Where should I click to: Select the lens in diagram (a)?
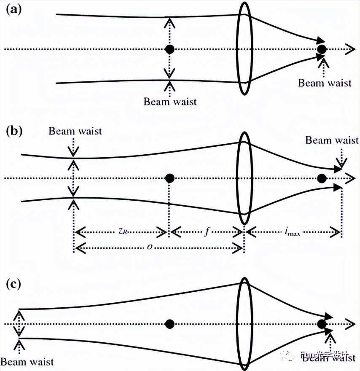pyautogui.click(x=244, y=49)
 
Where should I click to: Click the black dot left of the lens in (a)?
pyautogui.click(x=169, y=49)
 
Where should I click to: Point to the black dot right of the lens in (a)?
pyautogui.click(x=322, y=49)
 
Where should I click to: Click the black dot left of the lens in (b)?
pyautogui.click(x=169, y=178)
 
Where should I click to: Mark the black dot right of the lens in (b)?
pyautogui.click(x=322, y=178)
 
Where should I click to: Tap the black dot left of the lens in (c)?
pyautogui.click(x=169, y=324)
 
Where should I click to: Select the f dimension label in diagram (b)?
pyautogui.click(x=207, y=231)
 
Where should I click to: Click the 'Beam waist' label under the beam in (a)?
pyautogui.click(x=170, y=102)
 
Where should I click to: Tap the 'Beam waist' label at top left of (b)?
pyautogui.click(x=75, y=131)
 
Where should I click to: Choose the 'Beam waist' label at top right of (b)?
pyautogui.click(x=332, y=140)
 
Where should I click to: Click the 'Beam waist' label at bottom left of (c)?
pyautogui.click(x=27, y=362)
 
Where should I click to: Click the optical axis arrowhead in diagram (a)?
pyautogui.click(x=349, y=49)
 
